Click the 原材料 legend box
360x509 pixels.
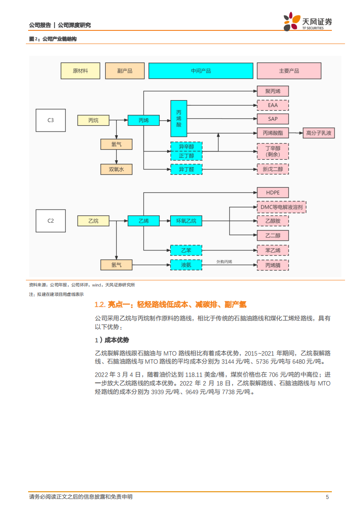(80, 71)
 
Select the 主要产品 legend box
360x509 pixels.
(289, 71)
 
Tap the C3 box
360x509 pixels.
(51, 120)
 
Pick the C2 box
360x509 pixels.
(51, 221)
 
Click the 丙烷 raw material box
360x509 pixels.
(93, 120)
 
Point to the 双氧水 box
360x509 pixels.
(116, 169)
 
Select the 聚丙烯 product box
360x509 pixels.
(273, 91)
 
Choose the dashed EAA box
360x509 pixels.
(273, 105)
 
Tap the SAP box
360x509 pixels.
(273, 119)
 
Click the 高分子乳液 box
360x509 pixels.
(319, 133)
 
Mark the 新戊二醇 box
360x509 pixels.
(273, 169)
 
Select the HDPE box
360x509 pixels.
(273, 192)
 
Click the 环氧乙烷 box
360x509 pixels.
(186, 221)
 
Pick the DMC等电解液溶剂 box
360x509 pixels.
(282, 207)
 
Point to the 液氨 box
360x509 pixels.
(186, 264)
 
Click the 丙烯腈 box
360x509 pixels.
(273, 264)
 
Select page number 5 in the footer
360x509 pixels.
(327, 497)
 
